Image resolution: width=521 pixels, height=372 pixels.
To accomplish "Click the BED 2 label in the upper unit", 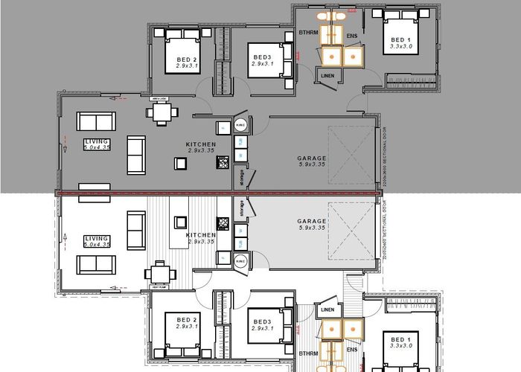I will coord(187,60).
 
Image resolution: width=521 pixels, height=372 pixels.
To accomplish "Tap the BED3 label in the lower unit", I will coord(263,321).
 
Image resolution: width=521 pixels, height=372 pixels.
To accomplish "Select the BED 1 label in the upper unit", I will coord(400,39).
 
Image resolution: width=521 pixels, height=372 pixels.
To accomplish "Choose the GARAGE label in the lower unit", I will coord(311,221).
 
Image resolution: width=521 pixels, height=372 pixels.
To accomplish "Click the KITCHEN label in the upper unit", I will coord(200,144).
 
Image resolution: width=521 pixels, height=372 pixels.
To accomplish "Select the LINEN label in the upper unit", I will coord(327,75).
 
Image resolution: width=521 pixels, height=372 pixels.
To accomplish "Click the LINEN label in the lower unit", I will coord(325,310).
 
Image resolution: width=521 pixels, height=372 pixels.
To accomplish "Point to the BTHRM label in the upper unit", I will coord(309,33).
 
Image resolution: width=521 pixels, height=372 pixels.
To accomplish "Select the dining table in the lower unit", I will coord(159,272).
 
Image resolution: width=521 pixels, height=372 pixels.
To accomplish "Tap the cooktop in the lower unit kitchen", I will coord(222,222).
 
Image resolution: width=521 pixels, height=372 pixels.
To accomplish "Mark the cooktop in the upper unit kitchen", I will coord(223,128).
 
